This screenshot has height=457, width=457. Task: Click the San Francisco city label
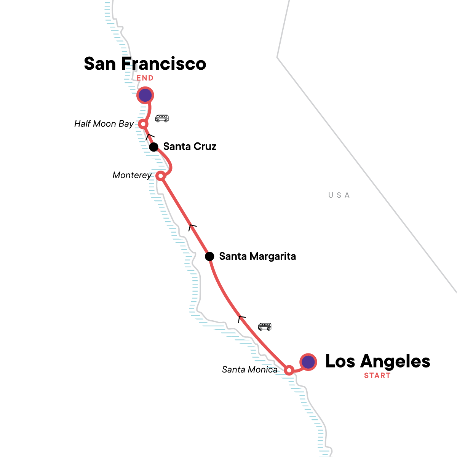(145, 64)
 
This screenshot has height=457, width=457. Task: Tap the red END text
(145, 78)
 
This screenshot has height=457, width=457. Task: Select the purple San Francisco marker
(145, 95)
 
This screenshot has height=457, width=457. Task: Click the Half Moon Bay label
(104, 124)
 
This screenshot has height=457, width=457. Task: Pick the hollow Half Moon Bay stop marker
(143, 124)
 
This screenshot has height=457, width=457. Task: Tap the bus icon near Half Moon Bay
(162, 118)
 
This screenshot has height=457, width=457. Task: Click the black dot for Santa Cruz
(153, 147)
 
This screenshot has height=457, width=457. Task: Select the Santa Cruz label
(190, 147)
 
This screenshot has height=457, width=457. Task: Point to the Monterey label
(132, 175)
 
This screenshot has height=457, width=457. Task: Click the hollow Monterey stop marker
(161, 176)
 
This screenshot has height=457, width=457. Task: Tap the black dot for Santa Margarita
(209, 256)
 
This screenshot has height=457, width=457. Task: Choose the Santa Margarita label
(257, 256)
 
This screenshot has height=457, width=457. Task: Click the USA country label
(339, 195)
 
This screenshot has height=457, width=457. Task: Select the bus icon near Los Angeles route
(265, 326)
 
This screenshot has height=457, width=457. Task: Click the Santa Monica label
(249, 369)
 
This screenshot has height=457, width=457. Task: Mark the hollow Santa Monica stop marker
(289, 370)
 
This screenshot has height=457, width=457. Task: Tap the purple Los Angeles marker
(308, 362)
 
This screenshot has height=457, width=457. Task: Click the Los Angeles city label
(377, 361)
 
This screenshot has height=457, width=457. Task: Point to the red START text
(377, 376)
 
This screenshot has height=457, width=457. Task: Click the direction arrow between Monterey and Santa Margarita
(192, 227)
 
